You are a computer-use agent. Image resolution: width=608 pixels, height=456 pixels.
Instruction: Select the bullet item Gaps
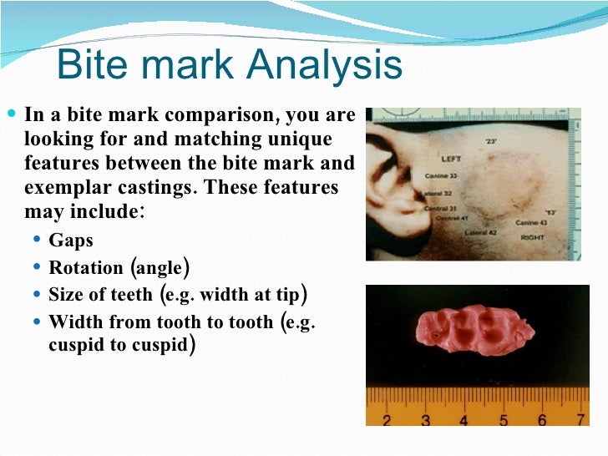point(71,241)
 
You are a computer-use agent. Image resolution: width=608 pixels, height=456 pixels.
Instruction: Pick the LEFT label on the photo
point(451,158)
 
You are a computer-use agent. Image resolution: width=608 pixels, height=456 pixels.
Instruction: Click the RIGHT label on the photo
point(532,237)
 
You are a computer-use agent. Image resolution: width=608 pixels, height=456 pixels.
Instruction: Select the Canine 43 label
point(531,223)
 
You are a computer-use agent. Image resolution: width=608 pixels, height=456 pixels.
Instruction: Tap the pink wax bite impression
point(473,333)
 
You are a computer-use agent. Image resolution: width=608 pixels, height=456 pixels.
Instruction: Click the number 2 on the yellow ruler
point(386,419)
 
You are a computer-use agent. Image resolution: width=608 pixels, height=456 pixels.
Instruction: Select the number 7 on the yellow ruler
point(580,419)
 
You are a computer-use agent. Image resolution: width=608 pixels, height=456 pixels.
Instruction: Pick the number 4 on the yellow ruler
point(464,419)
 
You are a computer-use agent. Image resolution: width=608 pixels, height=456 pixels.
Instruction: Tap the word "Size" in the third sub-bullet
point(64,295)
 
